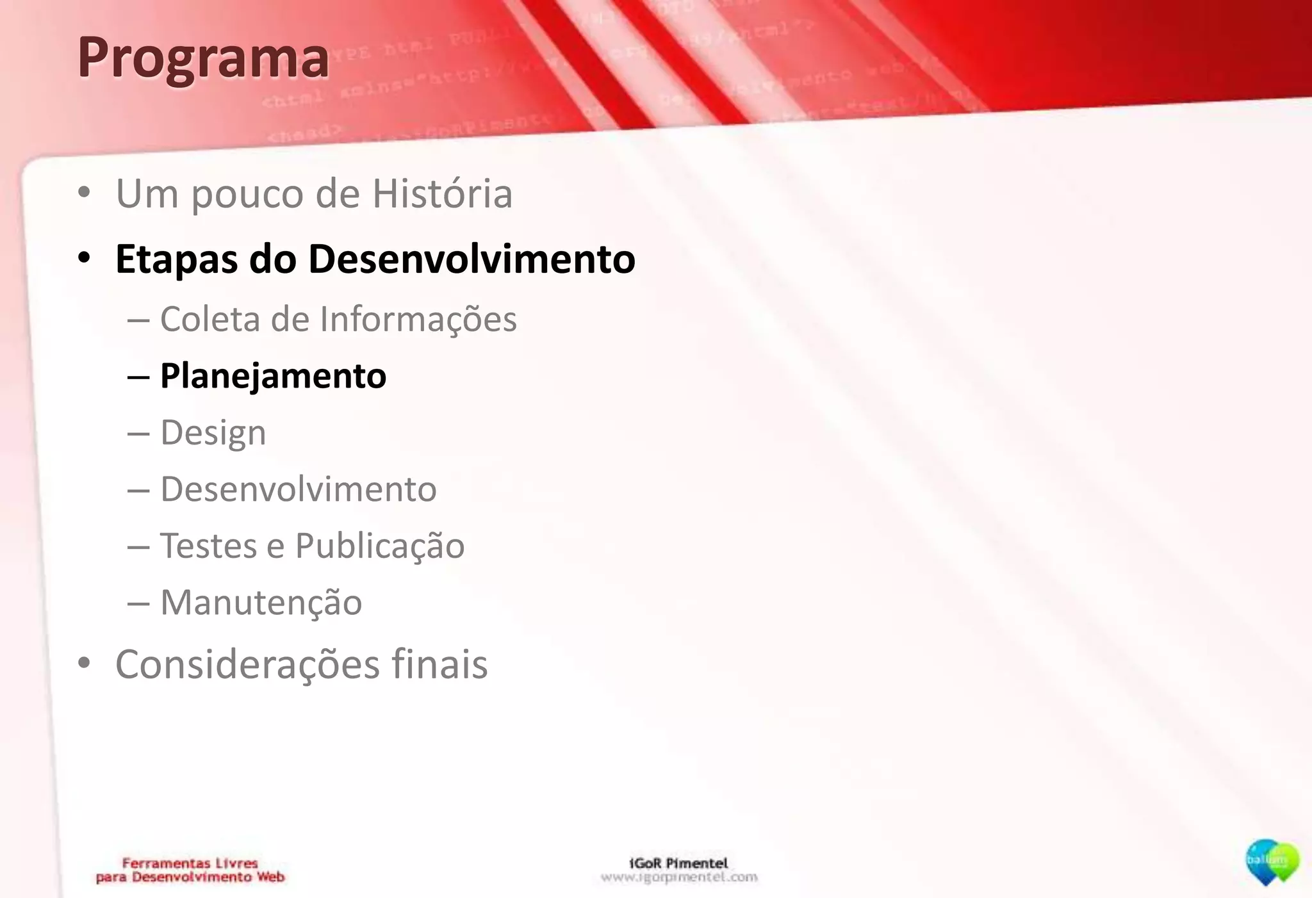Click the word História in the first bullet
point(442,193)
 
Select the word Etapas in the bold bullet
point(176,259)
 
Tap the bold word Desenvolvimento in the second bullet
point(471,259)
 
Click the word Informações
point(418,319)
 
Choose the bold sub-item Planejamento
point(273,375)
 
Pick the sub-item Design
point(213,433)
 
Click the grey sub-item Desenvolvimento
point(298,489)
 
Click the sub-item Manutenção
point(261,603)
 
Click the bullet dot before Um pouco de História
point(84,193)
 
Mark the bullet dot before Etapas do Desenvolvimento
point(84,259)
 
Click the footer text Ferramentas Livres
point(190,863)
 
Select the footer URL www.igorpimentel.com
point(679,877)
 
